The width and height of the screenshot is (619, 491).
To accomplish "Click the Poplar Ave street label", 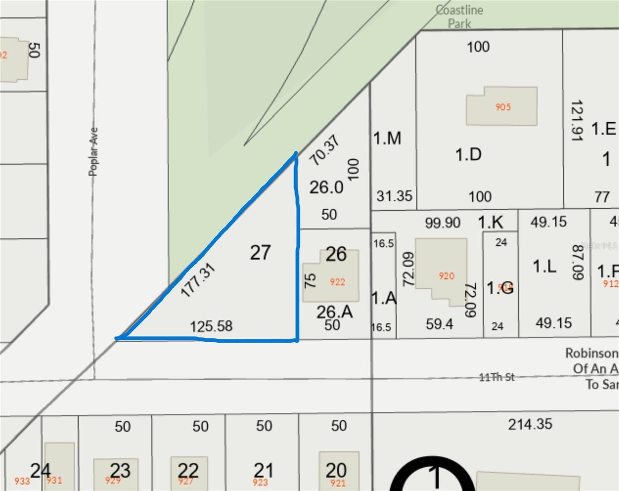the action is tap(94, 151).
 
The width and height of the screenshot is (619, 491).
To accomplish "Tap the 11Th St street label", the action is tap(497, 377).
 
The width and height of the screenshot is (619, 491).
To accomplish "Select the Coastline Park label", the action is tap(459, 16).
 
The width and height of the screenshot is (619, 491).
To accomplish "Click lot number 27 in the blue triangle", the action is tap(261, 252).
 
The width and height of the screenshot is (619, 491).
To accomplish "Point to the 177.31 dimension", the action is tap(198, 280).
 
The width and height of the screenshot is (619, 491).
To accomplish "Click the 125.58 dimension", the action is tap(211, 326).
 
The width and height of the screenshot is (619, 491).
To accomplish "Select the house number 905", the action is tap(503, 107).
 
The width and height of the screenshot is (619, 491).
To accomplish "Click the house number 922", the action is tap(337, 282).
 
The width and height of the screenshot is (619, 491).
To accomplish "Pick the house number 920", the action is tap(446, 276).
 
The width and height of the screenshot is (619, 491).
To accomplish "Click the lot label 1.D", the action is tap(468, 155).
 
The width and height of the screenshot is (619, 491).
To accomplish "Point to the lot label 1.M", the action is tap(387, 138).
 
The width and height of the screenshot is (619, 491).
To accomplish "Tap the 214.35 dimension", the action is tap(530, 424).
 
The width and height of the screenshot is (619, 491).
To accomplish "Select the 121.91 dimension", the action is tap(577, 121).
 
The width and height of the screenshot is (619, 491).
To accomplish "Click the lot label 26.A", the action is tap(334, 312).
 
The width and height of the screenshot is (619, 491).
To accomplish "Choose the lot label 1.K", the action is tap(490, 222).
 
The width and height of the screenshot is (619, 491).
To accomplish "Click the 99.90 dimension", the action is tap(442, 223).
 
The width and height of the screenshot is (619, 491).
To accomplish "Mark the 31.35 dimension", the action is tap(394, 196).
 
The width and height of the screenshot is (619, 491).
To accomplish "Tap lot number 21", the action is tap(263, 470).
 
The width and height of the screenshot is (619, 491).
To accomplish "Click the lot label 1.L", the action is tap(544, 267).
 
